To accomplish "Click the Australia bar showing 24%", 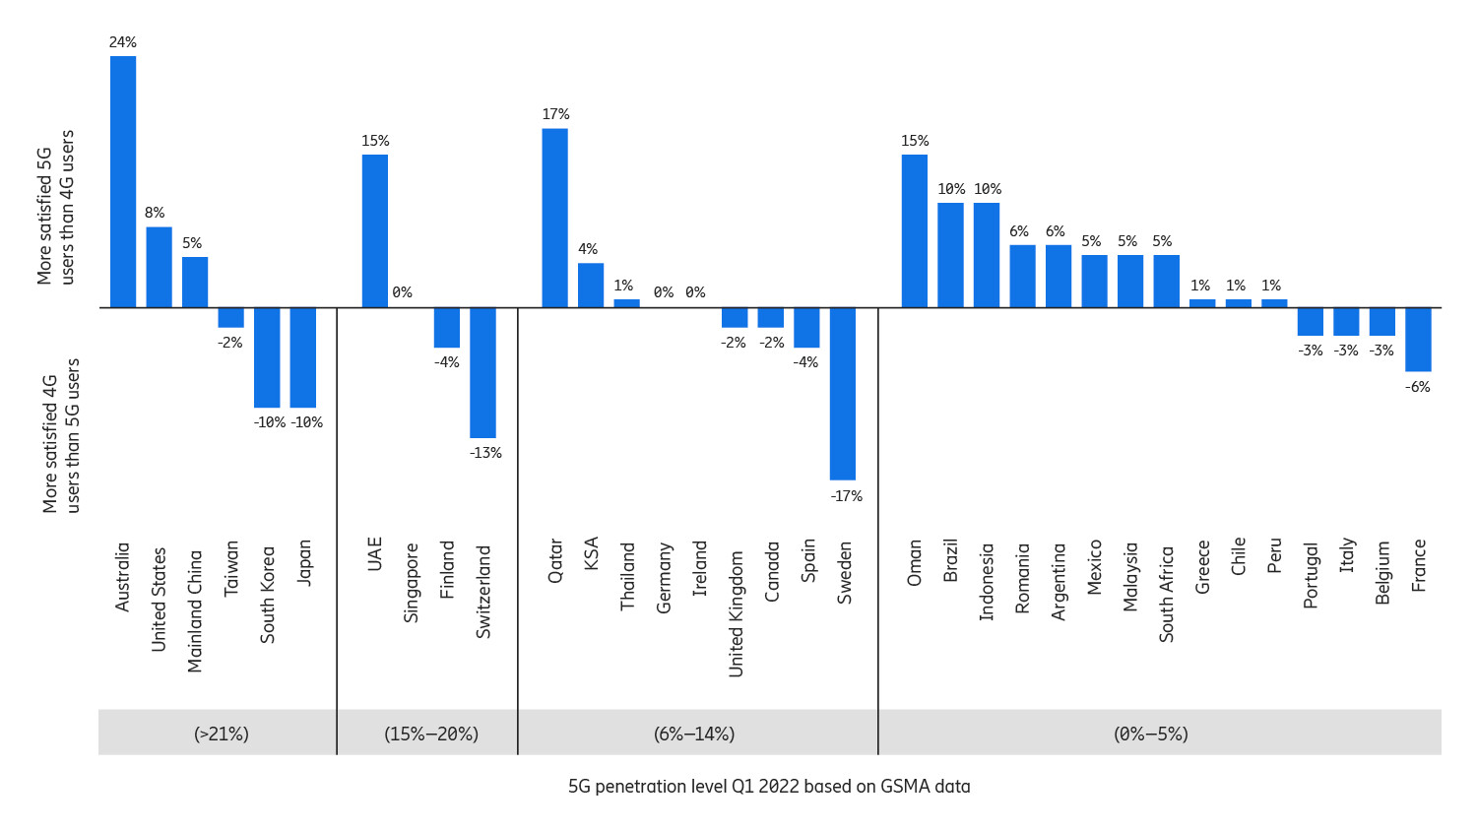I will (x=123, y=182).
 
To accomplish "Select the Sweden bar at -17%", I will (x=843, y=394).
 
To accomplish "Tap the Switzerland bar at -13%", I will (x=482, y=372).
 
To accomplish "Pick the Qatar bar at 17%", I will (x=554, y=219).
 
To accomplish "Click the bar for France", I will (x=1418, y=340).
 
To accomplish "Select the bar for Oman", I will (x=915, y=231).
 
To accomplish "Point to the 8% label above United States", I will (x=155, y=213).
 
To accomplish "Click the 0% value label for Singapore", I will (x=402, y=292).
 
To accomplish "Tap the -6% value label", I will (x=1417, y=387).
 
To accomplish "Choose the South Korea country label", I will (x=268, y=595).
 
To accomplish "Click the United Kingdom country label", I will (x=736, y=612).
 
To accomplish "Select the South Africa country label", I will (x=1166, y=595).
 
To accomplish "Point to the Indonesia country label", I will (x=987, y=581).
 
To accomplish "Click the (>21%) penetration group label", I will (x=222, y=734).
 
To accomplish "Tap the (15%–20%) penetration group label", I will (x=431, y=734).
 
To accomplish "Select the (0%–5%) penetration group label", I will (x=1150, y=734).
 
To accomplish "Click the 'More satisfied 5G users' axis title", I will (x=56, y=208).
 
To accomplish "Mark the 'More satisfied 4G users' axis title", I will (x=61, y=435).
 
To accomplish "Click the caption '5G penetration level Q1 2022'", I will (x=769, y=787).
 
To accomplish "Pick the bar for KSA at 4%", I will (x=591, y=286).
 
